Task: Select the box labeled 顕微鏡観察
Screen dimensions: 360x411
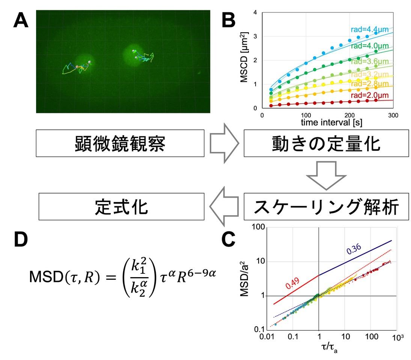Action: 120,143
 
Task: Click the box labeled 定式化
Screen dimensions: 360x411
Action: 120,206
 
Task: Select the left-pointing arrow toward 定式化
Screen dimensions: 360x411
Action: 224,206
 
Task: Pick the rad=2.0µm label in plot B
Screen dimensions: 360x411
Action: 372,95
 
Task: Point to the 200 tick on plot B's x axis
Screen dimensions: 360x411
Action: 349,115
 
